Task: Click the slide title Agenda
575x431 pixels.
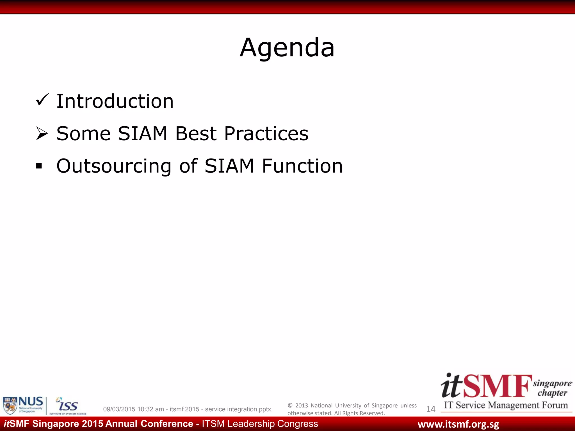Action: tap(287, 48)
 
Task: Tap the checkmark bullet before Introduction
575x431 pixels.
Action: tap(42, 100)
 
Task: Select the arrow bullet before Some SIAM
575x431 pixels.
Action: tap(42, 133)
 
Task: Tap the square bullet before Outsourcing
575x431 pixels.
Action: tap(39, 166)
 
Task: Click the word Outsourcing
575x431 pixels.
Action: tap(114, 166)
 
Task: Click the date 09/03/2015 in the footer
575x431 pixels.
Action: tap(119, 409)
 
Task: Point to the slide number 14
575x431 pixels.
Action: tap(430, 409)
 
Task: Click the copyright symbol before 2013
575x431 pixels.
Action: tap(290, 405)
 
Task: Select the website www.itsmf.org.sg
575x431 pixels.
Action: tap(458, 424)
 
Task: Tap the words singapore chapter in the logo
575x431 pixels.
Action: tap(552, 388)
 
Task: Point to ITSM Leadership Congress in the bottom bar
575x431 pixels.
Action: tap(260, 424)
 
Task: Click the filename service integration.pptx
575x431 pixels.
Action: tap(238, 409)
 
